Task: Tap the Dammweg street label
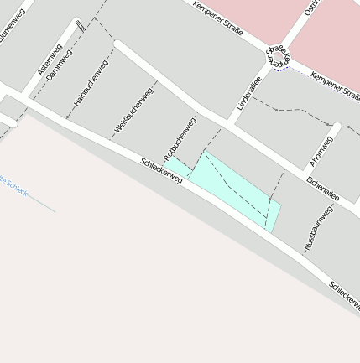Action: pyautogui.click(x=60, y=65)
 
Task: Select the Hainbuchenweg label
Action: pyautogui.click(x=91, y=82)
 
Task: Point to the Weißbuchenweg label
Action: pyautogui.click(x=133, y=110)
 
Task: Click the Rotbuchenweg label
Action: pyautogui.click(x=180, y=138)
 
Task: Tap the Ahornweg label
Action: pyautogui.click(x=322, y=151)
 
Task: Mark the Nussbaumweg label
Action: pyautogui.click(x=319, y=227)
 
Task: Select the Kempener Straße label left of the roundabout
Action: pyautogui.click(x=217, y=18)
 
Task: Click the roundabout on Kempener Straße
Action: pyautogui.click(x=278, y=57)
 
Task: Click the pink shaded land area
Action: pyautogui.click(x=327, y=34)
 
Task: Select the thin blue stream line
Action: pyautogui.click(x=42, y=204)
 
